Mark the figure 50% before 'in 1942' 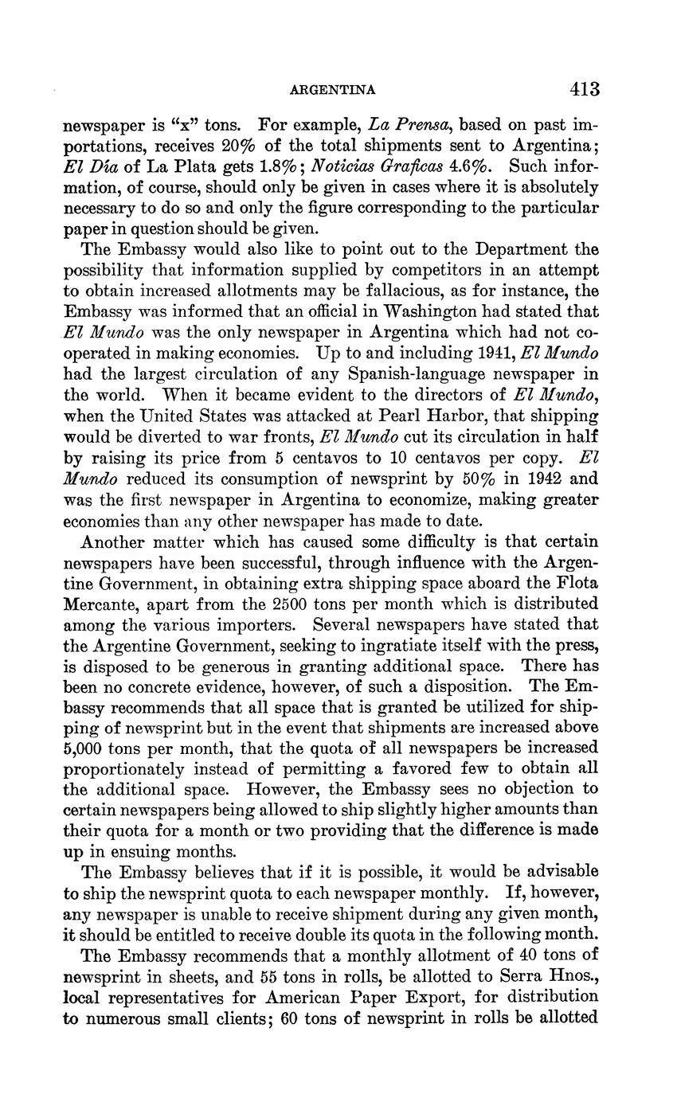click(479, 479)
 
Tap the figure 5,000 click(86, 748)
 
